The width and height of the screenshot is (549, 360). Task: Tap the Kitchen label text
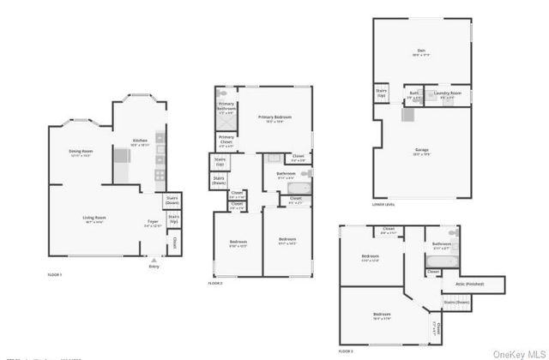(140, 140)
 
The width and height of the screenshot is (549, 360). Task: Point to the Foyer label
(153, 221)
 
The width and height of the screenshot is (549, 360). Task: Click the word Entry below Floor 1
(154, 266)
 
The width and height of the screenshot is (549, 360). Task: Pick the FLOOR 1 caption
(55, 274)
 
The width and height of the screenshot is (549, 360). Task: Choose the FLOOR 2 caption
(215, 283)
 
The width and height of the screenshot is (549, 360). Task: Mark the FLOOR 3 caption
(346, 351)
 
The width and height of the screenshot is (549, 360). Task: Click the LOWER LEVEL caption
(383, 205)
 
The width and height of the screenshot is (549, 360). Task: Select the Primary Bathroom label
(226, 108)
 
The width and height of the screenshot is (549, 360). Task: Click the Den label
(421, 51)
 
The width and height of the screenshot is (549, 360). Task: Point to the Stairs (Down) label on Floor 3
(456, 302)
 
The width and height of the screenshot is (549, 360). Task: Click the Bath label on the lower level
(414, 92)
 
